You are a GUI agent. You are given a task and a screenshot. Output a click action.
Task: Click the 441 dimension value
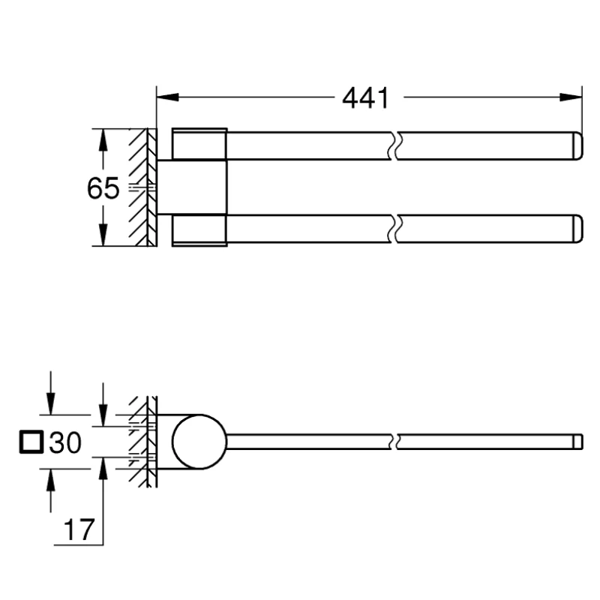coord(365,98)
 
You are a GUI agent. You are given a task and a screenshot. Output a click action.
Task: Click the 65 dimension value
coord(103,188)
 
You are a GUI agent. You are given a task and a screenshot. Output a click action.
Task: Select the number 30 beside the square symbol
coord(65,442)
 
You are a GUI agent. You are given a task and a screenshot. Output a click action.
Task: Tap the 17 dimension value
coord(79,530)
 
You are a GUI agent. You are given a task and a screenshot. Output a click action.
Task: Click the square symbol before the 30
coord(31,442)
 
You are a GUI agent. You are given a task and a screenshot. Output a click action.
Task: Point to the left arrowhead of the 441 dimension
coord(167,97)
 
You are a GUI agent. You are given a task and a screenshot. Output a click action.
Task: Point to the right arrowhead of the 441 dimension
coord(571,97)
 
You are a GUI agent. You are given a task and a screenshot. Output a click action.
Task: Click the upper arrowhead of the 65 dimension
coord(103,140)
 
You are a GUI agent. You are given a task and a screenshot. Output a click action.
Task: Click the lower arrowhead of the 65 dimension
coord(103,235)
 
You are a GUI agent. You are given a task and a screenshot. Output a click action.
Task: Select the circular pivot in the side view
coord(199,442)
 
